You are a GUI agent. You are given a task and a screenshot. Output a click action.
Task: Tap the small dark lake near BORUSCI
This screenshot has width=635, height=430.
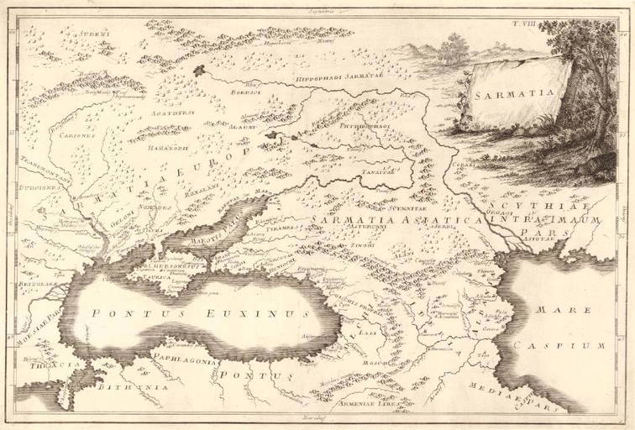point(199,72)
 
